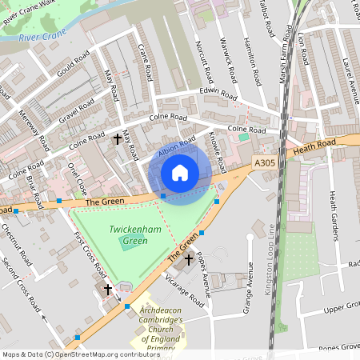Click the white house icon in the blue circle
click(180, 173)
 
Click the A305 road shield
click(266, 162)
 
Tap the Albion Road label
click(177, 147)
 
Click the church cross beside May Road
click(118, 138)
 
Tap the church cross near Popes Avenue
click(190, 259)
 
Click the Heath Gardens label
click(334, 215)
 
